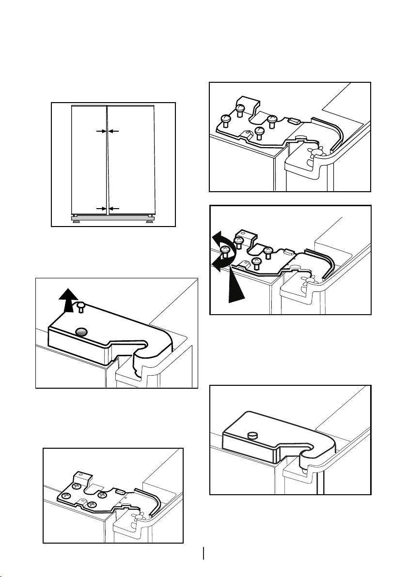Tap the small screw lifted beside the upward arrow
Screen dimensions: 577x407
(80, 305)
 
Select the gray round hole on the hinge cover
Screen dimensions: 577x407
(82, 332)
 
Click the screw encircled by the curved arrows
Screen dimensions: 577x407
(225, 251)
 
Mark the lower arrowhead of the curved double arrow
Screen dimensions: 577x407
(217, 264)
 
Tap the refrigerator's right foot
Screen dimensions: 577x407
(150, 215)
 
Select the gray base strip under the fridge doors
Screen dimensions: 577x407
(113, 219)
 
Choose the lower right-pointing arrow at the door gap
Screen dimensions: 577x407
(100, 208)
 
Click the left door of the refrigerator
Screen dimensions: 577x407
(89, 160)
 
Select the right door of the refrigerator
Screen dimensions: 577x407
(131, 160)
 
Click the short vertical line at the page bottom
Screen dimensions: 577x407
(204, 553)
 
